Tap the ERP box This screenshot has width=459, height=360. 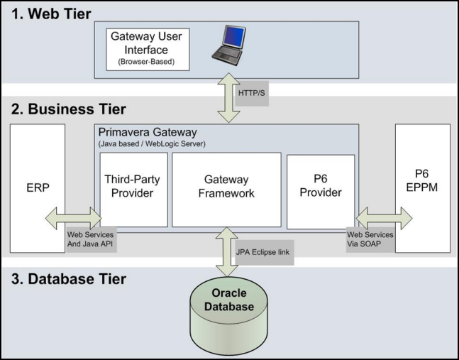point(37,191)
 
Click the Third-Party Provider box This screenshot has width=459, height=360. point(133,187)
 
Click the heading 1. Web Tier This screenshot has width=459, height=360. point(51,13)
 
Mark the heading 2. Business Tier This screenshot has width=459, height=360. point(70,109)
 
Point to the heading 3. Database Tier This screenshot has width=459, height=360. point(70,279)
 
